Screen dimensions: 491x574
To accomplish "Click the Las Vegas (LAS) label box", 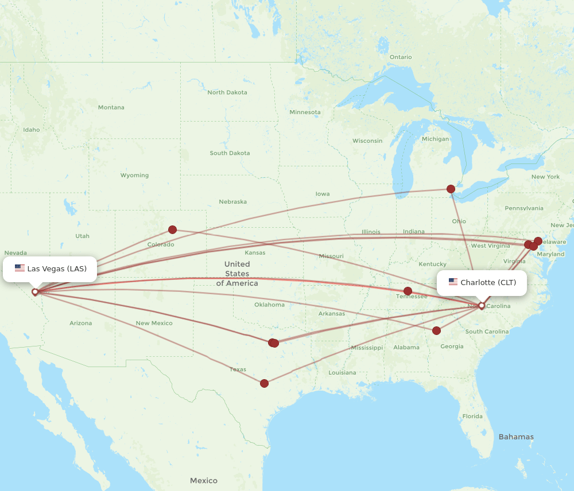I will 50,268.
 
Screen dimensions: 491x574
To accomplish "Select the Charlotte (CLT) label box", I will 482,282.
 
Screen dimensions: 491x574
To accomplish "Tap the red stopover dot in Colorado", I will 172,229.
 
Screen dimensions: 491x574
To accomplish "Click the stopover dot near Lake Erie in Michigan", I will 451,189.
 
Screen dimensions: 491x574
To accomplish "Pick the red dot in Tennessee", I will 408,291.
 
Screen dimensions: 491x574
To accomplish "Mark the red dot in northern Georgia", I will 436,330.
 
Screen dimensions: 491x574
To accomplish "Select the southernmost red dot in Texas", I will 264,383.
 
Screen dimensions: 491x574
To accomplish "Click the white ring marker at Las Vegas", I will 35,291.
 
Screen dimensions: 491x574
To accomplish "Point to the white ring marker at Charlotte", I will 482,305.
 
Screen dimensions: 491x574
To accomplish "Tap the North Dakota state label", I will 227,92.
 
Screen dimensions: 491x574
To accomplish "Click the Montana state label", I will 111,107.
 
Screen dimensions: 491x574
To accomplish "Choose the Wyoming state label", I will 134,176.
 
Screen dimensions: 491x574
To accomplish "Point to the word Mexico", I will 204,481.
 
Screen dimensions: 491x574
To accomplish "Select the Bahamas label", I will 516,437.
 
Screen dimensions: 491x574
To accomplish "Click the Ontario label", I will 401,57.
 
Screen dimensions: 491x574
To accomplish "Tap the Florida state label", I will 472,416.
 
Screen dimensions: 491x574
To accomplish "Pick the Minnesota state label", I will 305,112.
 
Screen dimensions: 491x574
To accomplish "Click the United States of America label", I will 237,273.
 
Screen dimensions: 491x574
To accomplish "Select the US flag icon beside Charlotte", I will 453,282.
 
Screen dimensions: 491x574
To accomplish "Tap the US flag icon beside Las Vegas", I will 20,268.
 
